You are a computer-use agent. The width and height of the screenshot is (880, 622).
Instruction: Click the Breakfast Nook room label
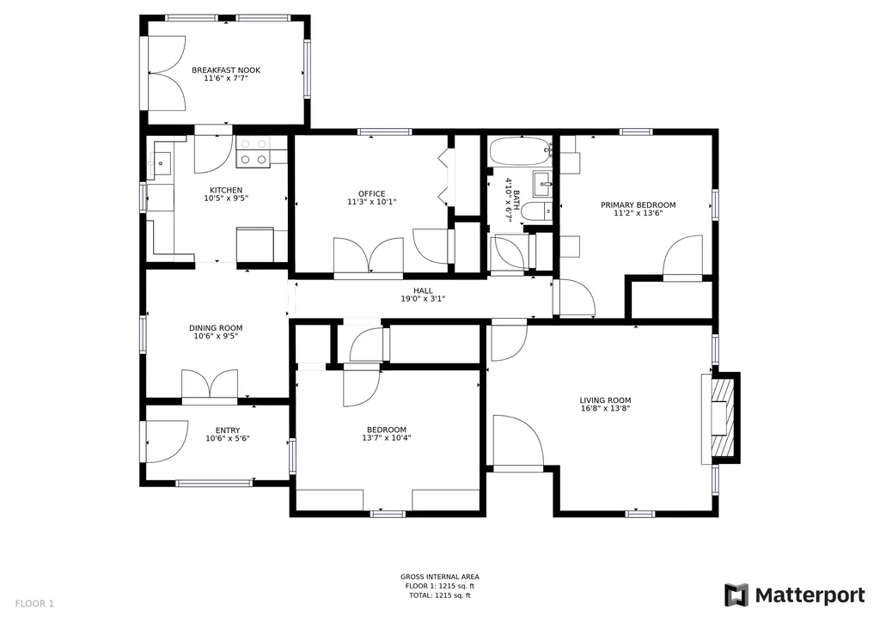click(226, 70)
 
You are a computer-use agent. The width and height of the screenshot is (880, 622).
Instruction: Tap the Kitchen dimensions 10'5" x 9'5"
click(226, 198)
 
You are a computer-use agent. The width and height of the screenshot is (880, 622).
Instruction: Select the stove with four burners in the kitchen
click(253, 152)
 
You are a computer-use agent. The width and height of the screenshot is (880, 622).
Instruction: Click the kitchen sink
click(161, 164)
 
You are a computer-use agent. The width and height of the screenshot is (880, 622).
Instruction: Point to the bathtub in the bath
click(520, 151)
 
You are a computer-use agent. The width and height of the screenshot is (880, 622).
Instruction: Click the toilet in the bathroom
click(536, 211)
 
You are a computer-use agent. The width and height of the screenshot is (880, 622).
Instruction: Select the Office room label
click(372, 194)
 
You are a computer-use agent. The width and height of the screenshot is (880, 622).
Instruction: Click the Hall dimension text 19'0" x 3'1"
click(423, 299)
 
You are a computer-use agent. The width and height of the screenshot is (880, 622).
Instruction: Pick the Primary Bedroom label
click(639, 205)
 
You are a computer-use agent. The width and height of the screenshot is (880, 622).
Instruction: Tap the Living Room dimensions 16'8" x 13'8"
click(606, 408)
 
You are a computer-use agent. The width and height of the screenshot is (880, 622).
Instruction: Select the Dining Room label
click(216, 328)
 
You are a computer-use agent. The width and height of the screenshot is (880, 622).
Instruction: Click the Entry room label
click(228, 430)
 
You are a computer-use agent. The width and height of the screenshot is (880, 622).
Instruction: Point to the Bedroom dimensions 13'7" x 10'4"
click(387, 438)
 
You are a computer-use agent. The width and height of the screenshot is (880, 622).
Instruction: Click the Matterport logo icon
click(736, 595)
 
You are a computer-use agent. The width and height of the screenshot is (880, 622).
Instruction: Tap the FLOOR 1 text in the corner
click(34, 604)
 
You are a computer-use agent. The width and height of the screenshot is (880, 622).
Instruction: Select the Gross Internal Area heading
click(440, 576)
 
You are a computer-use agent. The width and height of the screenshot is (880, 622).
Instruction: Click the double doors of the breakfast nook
click(167, 73)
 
